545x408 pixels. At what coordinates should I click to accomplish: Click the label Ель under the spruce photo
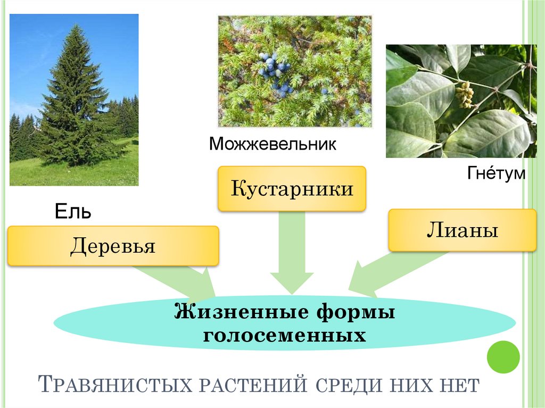(x=73, y=212)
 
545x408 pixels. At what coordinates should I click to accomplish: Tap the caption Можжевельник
(x=272, y=144)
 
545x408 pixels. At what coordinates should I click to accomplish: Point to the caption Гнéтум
(x=496, y=173)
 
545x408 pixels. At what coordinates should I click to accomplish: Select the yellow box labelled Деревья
(x=113, y=246)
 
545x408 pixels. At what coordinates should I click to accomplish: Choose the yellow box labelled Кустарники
(x=292, y=188)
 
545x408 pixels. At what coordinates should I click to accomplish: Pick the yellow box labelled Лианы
(x=462, y=230)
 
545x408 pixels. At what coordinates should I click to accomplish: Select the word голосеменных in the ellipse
(x=284, y=336)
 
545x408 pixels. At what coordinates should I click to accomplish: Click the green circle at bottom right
(x=503, y=357)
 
